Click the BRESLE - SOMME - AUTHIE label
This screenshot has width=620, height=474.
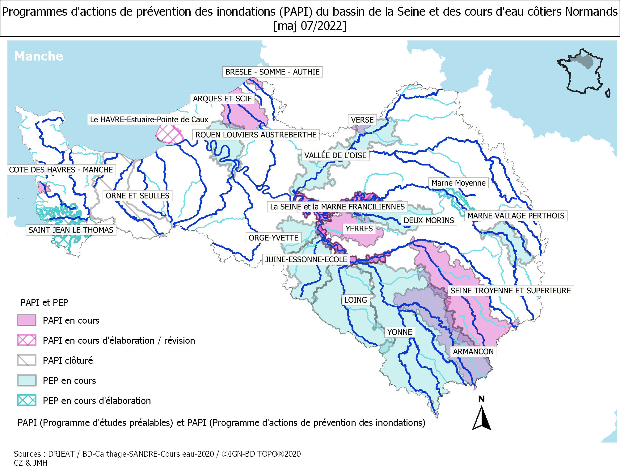point(272,72)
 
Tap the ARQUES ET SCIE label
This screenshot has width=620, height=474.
point(222,99)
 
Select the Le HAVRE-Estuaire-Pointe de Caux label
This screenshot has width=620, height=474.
point(149,120)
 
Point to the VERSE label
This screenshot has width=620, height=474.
point(362,120)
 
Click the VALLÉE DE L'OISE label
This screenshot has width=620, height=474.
point(335,155)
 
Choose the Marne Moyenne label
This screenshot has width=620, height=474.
point(458,183)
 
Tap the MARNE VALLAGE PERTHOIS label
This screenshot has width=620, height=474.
point(516,216)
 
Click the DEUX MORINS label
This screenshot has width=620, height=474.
point(429,220)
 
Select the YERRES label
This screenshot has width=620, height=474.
point(359,229)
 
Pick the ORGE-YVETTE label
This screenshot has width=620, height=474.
point(273,238)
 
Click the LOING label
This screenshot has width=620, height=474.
point(356,300)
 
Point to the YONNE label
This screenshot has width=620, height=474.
point(399,333)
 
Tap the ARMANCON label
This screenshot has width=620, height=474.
point(473,352)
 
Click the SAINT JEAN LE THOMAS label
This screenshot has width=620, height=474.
point(71,230)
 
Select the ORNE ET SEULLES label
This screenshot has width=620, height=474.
point(137,196)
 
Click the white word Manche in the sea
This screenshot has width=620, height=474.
point(39,56)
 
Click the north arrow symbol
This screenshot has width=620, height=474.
point(481,417)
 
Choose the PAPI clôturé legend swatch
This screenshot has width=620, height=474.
point(27,360)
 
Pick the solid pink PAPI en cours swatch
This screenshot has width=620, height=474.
point(27,320)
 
